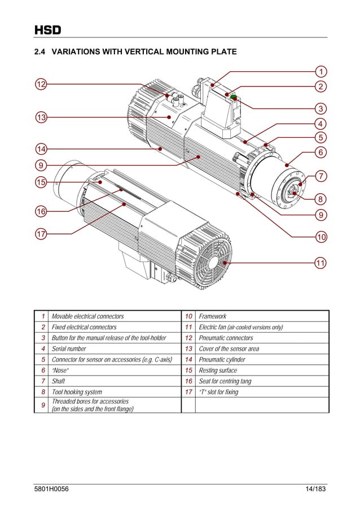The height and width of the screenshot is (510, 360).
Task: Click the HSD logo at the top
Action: point(47,29)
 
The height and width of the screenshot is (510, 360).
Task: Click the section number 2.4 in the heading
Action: point(39,53)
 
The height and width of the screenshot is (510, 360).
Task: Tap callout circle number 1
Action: point(321,72)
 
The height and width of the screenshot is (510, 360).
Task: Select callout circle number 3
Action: point(321,108)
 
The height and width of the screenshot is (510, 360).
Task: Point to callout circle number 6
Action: point(321,152)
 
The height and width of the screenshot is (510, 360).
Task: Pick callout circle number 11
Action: point(321,263)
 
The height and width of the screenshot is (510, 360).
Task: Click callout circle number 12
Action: point(41,84)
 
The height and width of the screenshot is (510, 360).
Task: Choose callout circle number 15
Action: point(41,182)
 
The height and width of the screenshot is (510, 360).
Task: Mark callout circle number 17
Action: point(41,233)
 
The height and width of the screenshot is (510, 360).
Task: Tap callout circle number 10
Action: point(321,236)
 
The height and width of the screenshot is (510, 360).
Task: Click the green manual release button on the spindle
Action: point(233,97)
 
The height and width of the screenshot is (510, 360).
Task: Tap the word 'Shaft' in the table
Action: point(59,381)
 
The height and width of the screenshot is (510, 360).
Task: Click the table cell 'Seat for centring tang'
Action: point(225,381)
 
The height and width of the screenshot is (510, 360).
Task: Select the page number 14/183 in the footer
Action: point(315,488)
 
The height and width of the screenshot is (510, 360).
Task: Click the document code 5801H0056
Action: point(52,488)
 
